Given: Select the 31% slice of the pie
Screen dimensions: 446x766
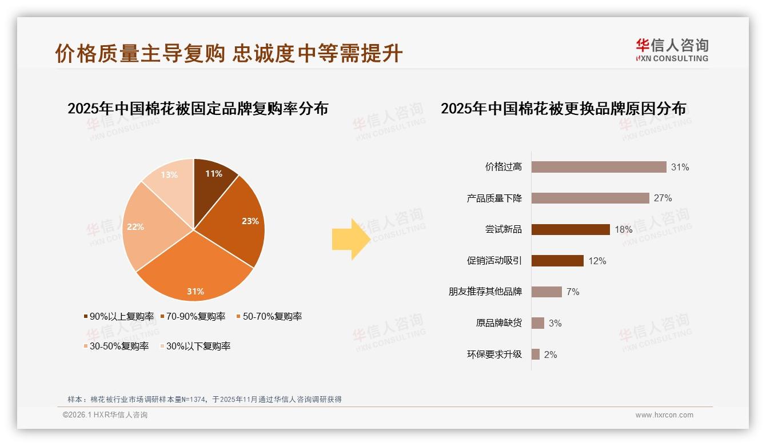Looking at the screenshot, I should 195,274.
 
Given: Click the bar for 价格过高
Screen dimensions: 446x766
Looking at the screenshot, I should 599,167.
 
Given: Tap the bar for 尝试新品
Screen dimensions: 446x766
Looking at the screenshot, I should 570,229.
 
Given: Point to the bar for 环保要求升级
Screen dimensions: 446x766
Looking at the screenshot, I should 535,355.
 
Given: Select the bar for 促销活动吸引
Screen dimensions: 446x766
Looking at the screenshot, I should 557,261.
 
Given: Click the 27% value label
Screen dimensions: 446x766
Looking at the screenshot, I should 663,198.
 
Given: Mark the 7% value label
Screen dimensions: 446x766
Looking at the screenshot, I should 573,292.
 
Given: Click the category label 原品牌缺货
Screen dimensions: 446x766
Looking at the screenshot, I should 498,323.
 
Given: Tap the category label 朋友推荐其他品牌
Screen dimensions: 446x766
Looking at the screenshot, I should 485,292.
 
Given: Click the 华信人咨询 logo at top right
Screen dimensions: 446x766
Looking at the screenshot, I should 672,50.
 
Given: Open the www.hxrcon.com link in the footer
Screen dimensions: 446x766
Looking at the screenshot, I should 664,415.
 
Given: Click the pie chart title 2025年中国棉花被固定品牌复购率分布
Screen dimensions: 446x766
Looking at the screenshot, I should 198,109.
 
